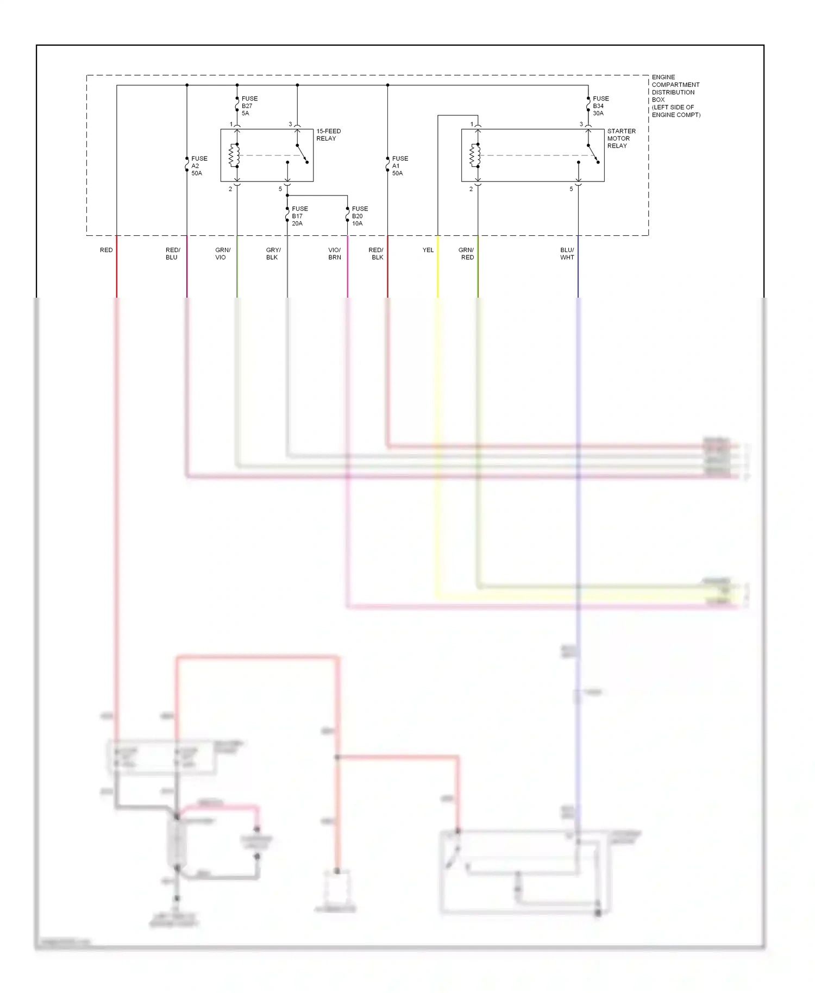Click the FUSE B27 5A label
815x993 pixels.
(249, 106)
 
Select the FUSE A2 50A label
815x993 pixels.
(199, 166)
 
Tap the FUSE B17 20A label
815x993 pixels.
(299, 216)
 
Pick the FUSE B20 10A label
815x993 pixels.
(359, 216)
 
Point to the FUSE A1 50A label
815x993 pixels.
(399, 166)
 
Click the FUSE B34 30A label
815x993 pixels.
(600, 106)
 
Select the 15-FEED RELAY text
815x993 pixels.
(328, 135)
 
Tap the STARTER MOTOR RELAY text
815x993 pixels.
(621, 139)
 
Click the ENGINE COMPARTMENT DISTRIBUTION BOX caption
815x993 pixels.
(675, 96)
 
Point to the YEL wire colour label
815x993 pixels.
(428, 250)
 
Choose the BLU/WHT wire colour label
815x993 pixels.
(567, 254)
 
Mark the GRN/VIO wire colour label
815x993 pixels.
(222, 254)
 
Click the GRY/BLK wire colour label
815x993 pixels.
(273, 254)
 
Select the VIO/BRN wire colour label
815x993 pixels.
(334, 254)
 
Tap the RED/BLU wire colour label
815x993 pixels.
(172, 254)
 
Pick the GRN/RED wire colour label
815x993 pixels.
(466, 254)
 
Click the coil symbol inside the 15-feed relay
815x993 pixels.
(234, 155)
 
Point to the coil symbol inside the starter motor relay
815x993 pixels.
(475, 155)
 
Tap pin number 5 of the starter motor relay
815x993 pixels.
(571, 189)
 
